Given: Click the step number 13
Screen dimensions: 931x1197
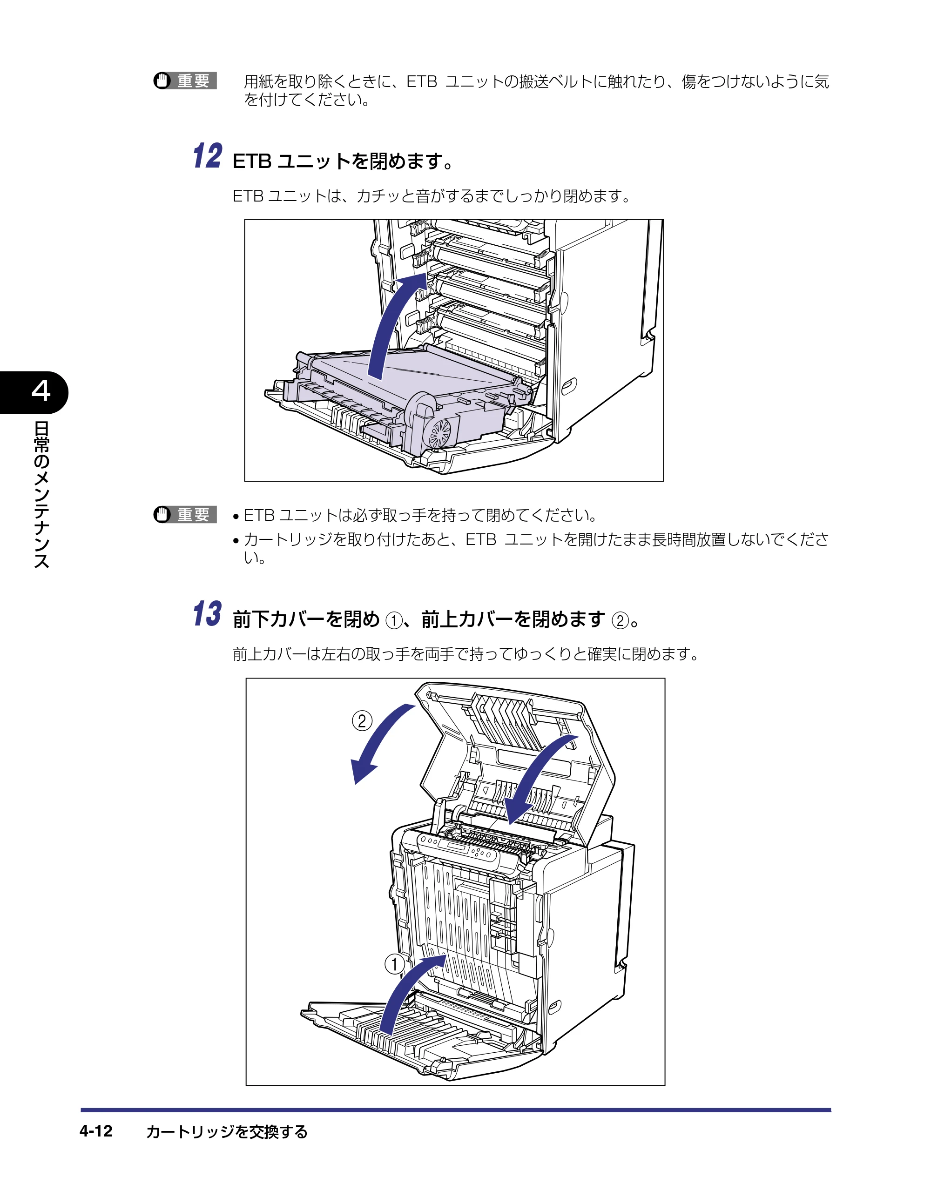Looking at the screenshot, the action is pos(208,614).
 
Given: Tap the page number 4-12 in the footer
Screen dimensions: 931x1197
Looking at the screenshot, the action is pos(96,1131).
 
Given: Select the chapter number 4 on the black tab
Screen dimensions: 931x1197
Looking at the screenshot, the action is pos(41,391).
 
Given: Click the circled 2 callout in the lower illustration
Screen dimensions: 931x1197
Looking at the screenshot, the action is pos(362,720).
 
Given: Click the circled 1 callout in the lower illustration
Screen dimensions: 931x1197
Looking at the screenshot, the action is pos(394,963).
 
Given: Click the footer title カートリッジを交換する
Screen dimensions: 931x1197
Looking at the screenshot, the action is pos(227,1132).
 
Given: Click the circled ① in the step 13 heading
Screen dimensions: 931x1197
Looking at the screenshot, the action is pos(394,620).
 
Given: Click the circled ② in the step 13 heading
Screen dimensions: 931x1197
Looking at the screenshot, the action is pos(620,620).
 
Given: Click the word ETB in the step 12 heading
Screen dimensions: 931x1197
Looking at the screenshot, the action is pos(252,161).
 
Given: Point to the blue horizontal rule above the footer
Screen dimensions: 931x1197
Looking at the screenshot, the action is pos(456,1110).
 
